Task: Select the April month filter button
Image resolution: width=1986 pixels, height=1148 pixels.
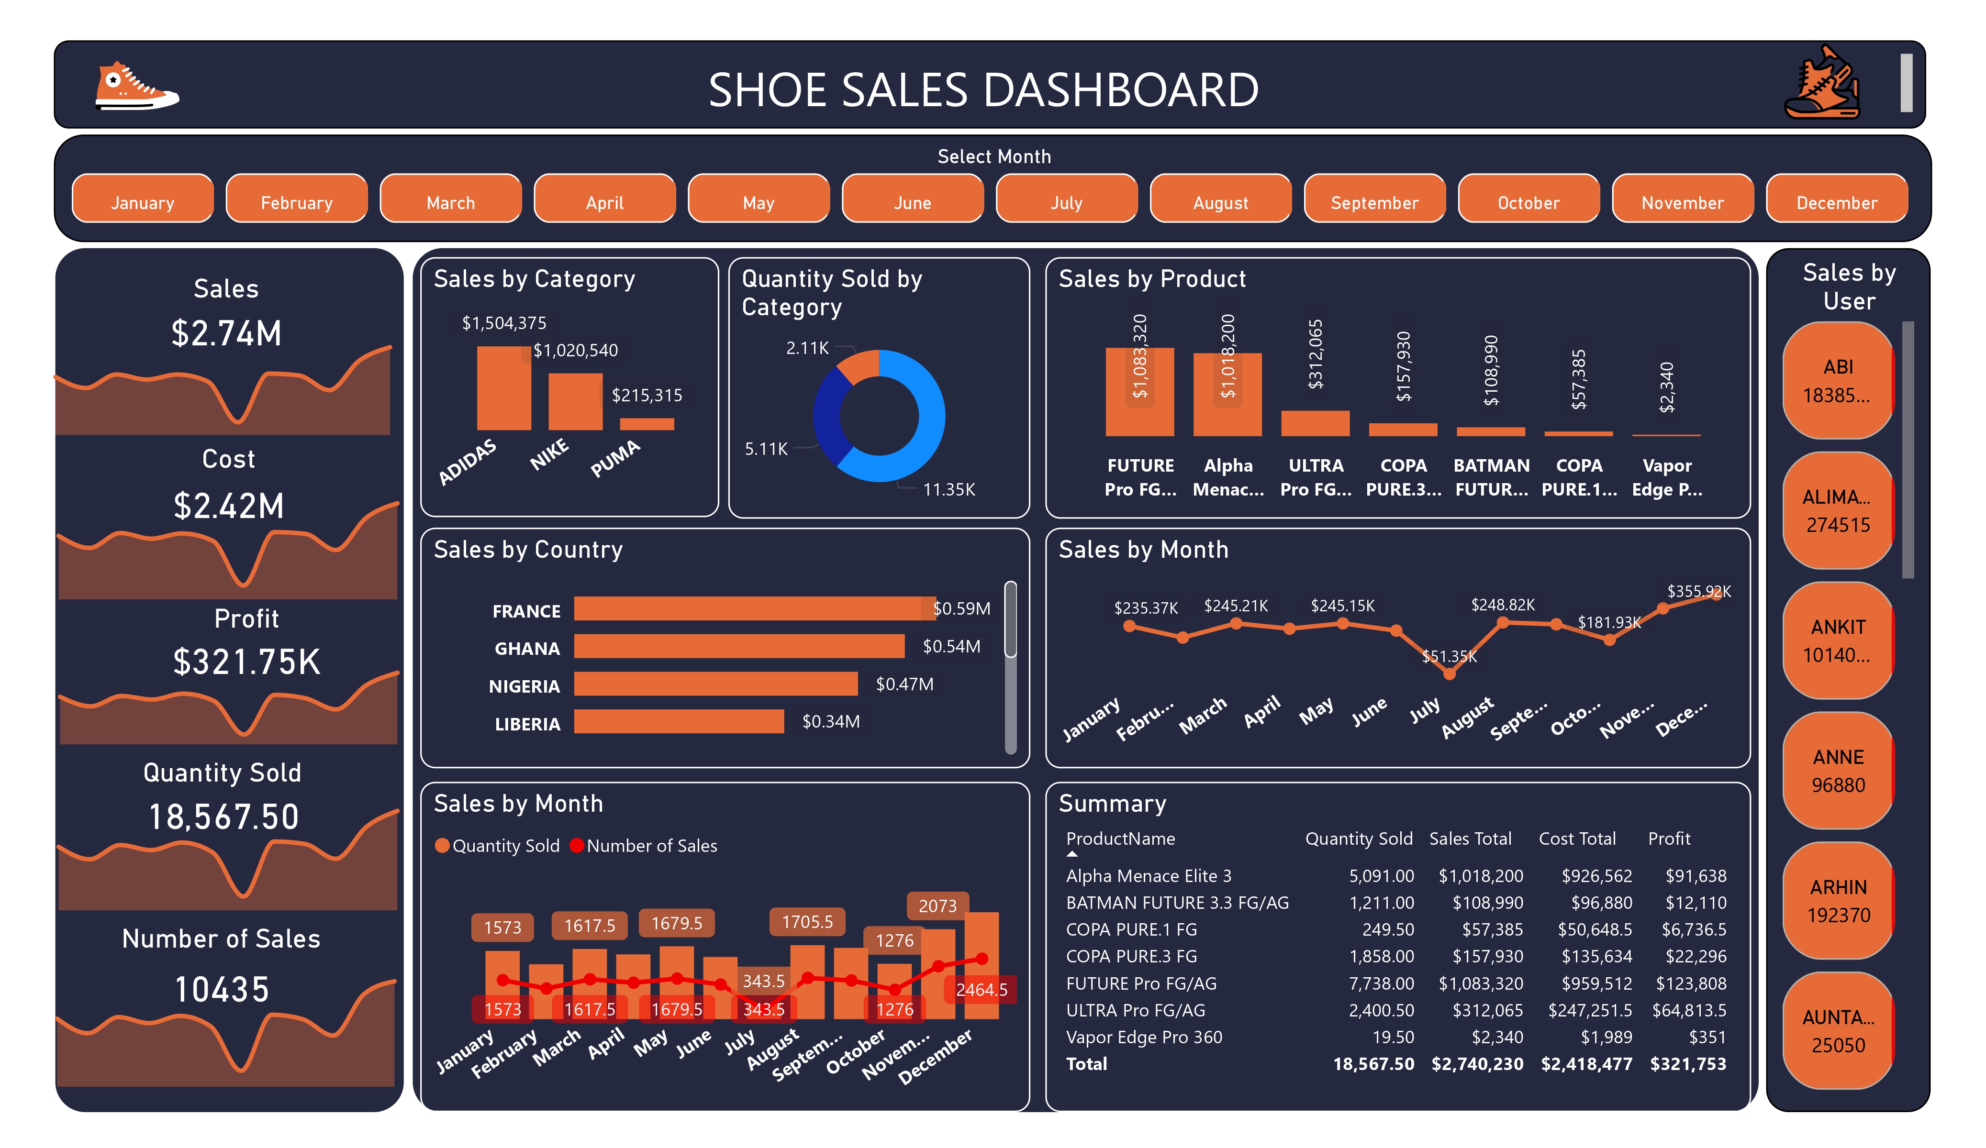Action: [x=604, y=202]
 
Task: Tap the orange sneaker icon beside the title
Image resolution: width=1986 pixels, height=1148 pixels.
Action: [x=135, y=86]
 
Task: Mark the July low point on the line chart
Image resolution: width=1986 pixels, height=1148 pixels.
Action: [x=1449, y=673]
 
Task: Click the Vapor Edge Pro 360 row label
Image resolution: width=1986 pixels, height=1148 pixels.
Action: [x=1144, y=1037]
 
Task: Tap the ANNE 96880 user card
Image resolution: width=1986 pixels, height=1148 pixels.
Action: [x=1837, y=771]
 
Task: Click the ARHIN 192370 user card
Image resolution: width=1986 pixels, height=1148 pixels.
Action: [x=1837, y=901]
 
